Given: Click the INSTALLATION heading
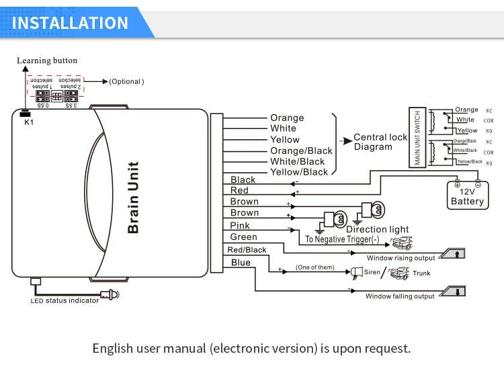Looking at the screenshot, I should click(71, 22).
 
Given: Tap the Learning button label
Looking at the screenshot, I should click(47, 61).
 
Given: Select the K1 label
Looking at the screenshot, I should click(28, 122).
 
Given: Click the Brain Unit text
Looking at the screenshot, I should click(133, 197).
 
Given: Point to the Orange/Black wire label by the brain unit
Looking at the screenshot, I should click(301, 151).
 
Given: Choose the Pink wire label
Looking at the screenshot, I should click(240, 226).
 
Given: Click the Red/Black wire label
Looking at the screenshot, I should click(247, 250).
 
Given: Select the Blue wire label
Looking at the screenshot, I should click(240, 263).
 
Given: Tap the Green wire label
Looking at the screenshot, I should click(243, 237).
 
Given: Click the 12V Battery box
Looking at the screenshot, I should click(467, 196).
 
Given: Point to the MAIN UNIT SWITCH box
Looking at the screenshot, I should click(417, 137).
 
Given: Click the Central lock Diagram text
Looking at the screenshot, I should click(380, 142).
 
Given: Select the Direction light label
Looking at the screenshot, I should click(377, 230).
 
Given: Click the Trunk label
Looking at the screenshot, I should click(421, 273).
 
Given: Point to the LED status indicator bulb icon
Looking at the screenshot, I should click(109, 294).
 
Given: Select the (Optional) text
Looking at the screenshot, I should click(126, 81).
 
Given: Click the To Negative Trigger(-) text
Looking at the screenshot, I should click(342, 239).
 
